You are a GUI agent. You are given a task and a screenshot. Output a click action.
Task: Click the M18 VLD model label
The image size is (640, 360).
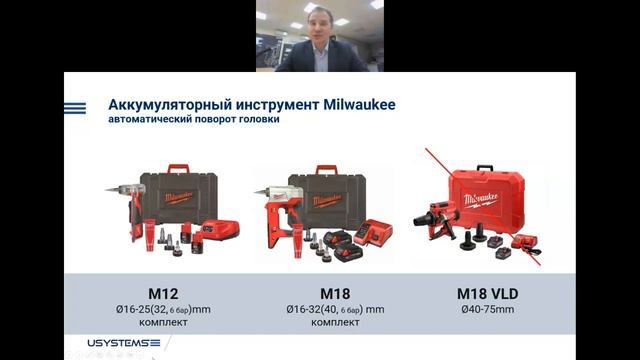(482, 294)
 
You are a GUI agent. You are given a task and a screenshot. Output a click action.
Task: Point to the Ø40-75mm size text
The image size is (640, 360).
(482, 309)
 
